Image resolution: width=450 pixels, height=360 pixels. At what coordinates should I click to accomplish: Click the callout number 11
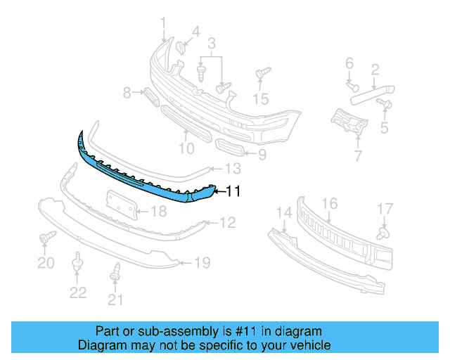click(233, 191)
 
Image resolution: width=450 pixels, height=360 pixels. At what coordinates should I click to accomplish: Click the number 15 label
click(261, 99)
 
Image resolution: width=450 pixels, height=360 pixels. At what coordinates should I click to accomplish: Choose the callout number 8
click(127, 92)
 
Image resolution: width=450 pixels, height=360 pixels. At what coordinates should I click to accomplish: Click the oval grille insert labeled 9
click(230, 149)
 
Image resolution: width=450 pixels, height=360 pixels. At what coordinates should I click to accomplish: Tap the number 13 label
click(233, 169)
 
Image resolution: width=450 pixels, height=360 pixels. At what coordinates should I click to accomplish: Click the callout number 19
click(202, 264)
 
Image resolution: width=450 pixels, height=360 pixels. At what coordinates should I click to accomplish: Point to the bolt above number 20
click(46, 240)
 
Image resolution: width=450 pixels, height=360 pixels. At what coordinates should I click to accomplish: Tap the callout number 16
click(329, 205)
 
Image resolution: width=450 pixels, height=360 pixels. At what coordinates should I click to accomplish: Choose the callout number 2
click(375, 69)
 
